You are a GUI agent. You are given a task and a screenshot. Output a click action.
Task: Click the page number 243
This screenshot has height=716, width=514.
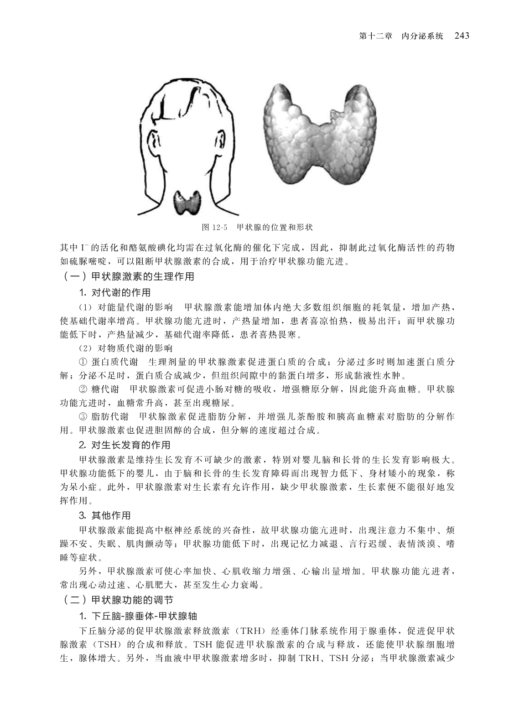(x=462, y=36)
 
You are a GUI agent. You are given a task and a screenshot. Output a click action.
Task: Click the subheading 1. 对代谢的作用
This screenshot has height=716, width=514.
(x=114, y=292)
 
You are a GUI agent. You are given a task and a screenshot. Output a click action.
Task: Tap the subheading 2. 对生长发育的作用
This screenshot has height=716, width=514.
(x=125, y=444)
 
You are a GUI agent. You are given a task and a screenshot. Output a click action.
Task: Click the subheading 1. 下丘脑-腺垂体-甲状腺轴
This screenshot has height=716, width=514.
(x=138, y=615)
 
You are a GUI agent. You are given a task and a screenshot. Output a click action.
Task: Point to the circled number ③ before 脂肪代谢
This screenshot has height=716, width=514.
(x=83, y=416)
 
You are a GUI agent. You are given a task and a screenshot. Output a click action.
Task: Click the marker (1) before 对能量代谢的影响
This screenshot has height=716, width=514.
(x=86, y=306)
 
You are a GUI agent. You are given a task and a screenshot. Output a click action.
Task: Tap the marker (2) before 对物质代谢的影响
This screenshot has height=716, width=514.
(x=86, y=348)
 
